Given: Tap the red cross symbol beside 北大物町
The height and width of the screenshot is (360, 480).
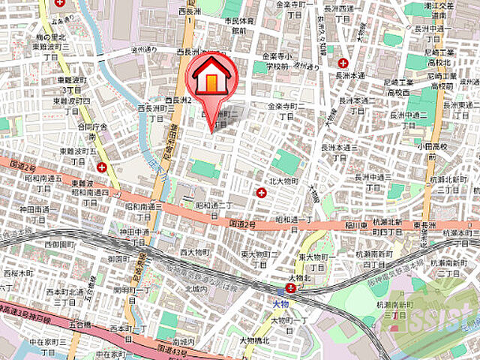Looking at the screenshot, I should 261,193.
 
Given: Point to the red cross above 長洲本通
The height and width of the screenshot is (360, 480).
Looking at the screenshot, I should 343,64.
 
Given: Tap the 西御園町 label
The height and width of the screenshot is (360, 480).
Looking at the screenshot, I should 57,244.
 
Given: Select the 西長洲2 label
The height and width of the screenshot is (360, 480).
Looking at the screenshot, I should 180,99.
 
